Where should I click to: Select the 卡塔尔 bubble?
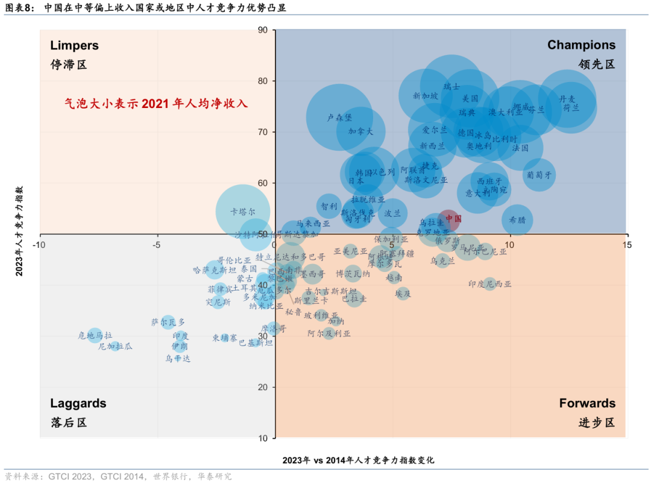[242, 211]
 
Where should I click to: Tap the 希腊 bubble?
[517, 220]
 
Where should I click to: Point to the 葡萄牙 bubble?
[539, 174]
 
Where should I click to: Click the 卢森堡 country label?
[339, 118]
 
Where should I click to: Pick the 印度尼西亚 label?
[490, 283]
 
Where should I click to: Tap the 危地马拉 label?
[95, 335]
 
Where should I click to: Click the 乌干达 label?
[178, 358]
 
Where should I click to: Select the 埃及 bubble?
[403, 294]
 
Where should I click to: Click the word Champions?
[581, 45]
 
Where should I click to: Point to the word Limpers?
[74, 45]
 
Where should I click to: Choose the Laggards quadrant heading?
[78, 403]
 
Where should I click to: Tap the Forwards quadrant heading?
[587, 403]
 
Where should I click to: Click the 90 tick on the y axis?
[262, 30]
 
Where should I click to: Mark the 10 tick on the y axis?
[262, 438]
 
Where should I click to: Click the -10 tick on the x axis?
[39, 244]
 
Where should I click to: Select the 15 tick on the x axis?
[626, 244]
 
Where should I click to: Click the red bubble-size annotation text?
[156, 104]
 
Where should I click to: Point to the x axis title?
[358, 460]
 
